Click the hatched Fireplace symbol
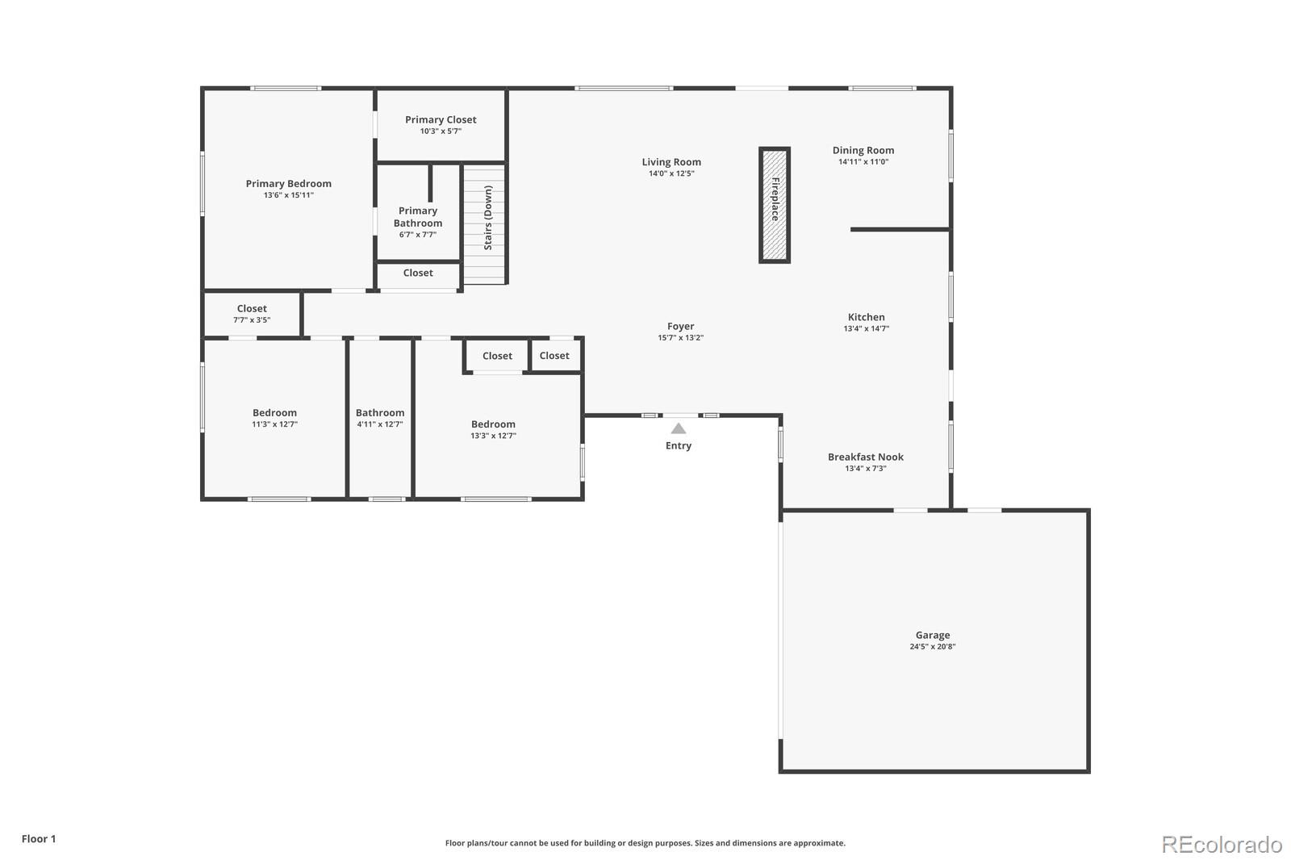(x=774, y=205)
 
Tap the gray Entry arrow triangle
(x=679, y=428)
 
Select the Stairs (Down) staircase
(x=484, y=223)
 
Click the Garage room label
(x=932, y=635)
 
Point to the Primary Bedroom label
(x=288, y=184)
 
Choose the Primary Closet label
(x=441, y=119)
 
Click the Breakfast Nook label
(x=865, y=457)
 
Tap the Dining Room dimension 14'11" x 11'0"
(x=863, y=162)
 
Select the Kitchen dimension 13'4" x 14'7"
(x=866, y=328)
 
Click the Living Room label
(x=671, y=162)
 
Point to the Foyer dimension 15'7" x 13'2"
(x=680, y=338)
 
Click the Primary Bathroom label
(x=418, y=217)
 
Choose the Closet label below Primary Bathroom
(x=418, y=273)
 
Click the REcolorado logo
(x=1221, y=844)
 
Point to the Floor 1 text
(x=39, y=839)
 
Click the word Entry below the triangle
(x=679, y=446)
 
